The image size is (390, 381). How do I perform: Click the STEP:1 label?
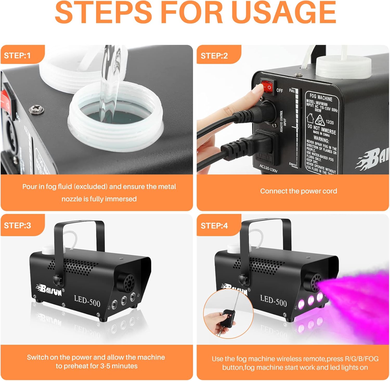pos(17,55)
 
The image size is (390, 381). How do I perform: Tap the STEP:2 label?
pos(214,56)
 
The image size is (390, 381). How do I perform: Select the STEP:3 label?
pos(17,225)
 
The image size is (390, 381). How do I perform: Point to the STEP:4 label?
pos(214,226)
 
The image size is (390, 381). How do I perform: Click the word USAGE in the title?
pos(283,12)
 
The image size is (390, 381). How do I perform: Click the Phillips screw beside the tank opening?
pos(33,109)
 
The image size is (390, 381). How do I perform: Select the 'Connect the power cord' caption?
pos(298,191)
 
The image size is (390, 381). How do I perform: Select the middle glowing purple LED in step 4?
pos(310,301)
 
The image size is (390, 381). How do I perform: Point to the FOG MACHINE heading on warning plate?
pos(321,97)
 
